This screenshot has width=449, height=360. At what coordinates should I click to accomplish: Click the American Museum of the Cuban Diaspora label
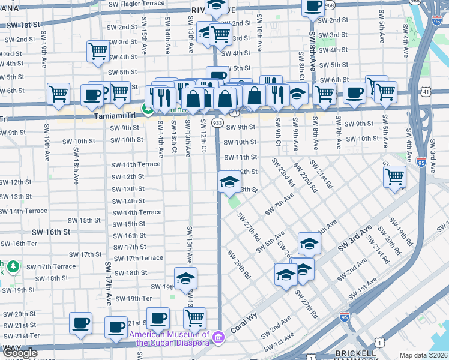point(173,339)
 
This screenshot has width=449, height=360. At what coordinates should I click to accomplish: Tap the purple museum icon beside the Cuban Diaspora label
point(219,339)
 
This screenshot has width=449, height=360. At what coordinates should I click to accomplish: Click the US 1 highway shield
point(380,342)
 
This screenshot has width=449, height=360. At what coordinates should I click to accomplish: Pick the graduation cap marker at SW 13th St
point(229,181)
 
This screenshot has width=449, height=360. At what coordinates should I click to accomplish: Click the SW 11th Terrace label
point(136,164)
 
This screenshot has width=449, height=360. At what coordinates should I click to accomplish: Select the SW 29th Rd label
point(239,264)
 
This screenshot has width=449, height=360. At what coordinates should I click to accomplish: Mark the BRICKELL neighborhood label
point(355,353)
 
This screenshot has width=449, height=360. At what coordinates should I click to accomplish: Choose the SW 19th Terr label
point(133,298)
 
